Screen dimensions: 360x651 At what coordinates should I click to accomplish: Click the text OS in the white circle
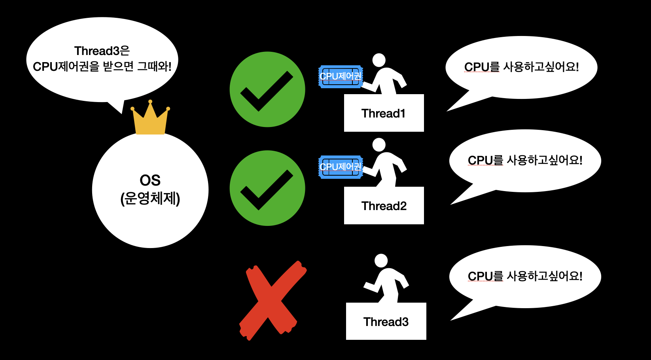(150, 180)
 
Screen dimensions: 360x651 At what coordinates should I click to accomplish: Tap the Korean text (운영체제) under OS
(150, 199)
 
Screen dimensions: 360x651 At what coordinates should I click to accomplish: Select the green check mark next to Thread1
(267, 89)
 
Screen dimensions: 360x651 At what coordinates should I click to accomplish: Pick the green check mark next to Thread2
(267, 188)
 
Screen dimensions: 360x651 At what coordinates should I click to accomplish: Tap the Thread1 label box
(384, 113)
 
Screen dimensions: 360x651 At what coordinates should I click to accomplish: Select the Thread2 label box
(384, 206)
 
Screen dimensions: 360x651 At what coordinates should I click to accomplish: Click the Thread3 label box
(386, 322)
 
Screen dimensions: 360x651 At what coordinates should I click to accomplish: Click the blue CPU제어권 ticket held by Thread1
(341, 76)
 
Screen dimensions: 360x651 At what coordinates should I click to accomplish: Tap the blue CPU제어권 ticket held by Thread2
(341, 167)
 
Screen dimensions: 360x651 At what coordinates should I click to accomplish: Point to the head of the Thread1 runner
(379, 60)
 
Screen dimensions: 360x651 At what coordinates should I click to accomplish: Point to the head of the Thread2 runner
(379, 145)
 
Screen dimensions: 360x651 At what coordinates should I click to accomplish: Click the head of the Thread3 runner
(381, 261)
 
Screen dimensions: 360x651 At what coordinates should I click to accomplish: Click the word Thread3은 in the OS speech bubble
(102, 51)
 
